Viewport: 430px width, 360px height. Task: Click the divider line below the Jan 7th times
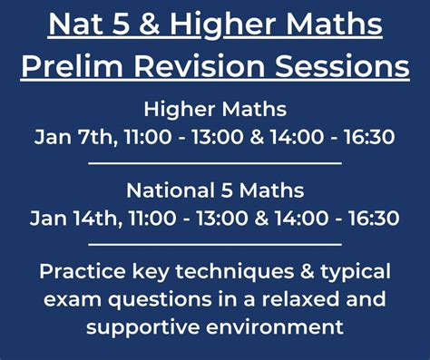click(x=215, y=163)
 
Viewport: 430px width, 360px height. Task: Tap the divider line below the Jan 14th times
click(x=215, y=244)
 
